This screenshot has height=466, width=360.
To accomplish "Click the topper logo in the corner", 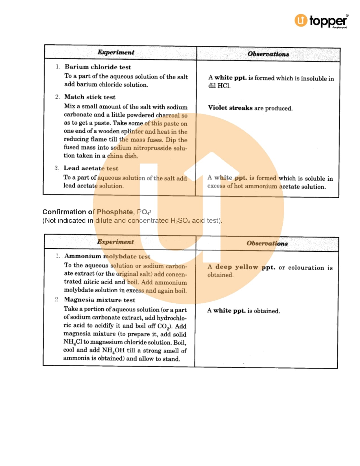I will tap(321, 21).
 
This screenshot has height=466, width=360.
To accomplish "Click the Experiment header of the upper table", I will tap(116, 52).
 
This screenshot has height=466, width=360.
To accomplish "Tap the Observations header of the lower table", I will tap(267, 243).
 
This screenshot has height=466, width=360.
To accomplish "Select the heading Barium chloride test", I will tap(98, 67).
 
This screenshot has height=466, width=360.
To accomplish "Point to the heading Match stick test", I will tap(90, 97).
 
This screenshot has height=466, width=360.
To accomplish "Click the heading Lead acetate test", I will tap(91, 168).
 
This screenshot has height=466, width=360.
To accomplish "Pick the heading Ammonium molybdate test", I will tap(107, 256).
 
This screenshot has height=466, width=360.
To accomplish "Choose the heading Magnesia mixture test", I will tap(99, 300).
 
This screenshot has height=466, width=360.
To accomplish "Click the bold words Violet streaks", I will tap(230, 108).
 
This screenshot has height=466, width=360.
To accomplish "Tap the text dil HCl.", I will tap(219, 86).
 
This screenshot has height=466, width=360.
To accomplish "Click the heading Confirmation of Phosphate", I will tap(88, 212).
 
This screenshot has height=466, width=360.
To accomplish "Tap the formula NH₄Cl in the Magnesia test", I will tap(73, 342).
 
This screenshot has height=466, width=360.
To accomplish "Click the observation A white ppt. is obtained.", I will tap(243, 311).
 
